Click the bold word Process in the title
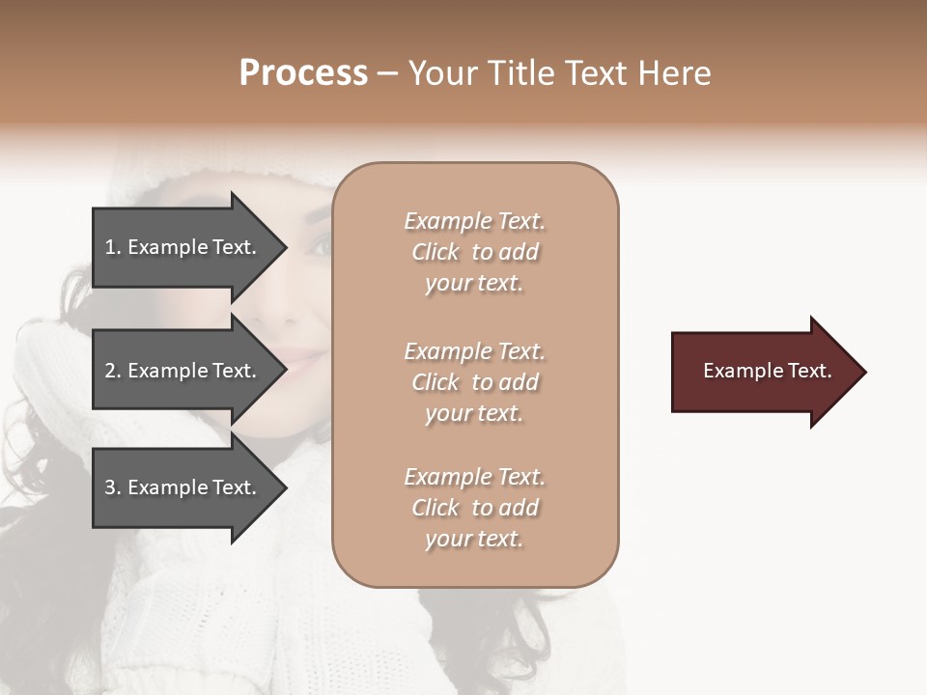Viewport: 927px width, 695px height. (x=303, y=73)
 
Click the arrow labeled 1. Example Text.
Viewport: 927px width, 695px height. (x=183, y=247)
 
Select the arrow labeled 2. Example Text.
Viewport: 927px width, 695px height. (x=183, y=371)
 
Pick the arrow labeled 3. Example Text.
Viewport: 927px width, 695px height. (x=183, y=487)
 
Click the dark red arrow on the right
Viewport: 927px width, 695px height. (x=763, y=371)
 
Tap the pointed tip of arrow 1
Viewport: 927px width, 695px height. (x=285, y=248)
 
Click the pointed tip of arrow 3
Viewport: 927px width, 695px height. (x=285, y=487)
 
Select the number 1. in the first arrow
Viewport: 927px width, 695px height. (x=113, y=247)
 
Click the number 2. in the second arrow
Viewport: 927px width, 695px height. (x=113, y=371)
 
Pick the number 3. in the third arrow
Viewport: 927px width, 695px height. (x=113, y=487)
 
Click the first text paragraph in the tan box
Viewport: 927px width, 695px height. (x=474, y=252)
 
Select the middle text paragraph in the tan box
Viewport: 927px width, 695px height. (x=474, y=382)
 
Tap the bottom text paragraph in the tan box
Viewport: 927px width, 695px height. (x=474, y=508)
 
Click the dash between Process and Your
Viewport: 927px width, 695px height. (x=387, y=74)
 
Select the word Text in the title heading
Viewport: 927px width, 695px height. (x=596, y=73)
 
